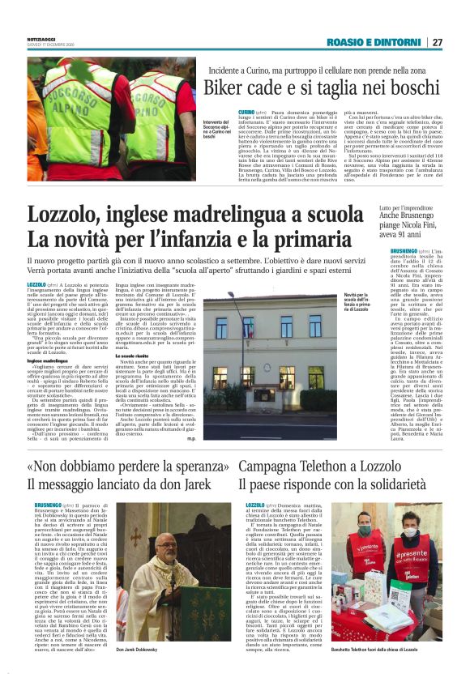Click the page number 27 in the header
tap(437, 42)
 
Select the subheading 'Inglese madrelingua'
tap(51, 360)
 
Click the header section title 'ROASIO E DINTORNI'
tap(374, 42)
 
